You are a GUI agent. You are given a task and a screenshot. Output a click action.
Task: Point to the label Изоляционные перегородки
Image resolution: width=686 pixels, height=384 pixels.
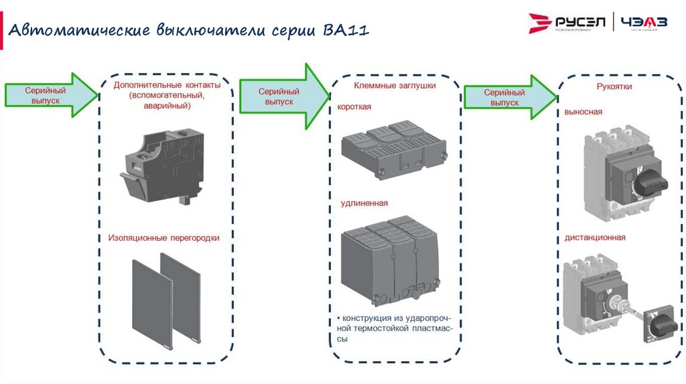163,237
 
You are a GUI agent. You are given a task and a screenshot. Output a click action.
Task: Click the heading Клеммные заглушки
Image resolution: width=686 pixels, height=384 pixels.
395,86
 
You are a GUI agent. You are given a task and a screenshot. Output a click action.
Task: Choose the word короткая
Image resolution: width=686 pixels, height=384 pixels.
354,107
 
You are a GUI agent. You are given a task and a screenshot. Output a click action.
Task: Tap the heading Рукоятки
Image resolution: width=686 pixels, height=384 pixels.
614,87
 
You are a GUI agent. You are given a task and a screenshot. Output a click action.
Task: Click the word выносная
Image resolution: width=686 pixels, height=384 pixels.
583,112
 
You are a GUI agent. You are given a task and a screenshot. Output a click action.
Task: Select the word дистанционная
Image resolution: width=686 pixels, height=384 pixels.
595,237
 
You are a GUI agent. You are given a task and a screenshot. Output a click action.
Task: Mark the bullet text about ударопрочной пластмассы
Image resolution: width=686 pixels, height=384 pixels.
392,328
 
